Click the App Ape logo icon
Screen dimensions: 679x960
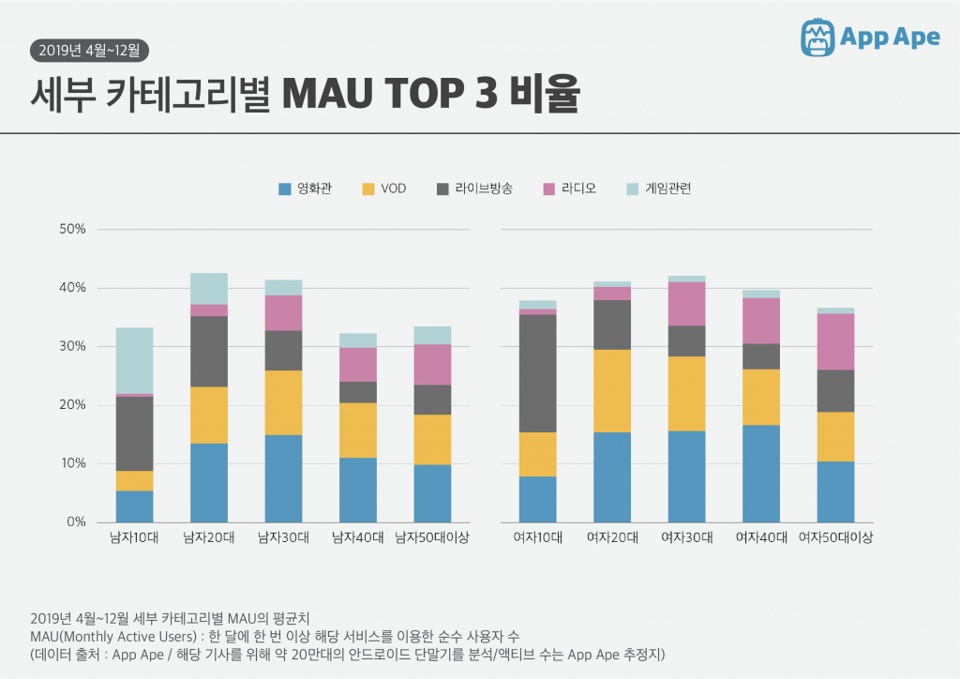(x=817, y=37)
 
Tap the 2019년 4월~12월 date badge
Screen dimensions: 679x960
(x=89, y=50)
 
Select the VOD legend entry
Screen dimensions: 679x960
(x=384, y=189)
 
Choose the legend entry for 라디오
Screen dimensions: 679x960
(x=569, y=189)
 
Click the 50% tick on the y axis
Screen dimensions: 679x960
(x=73, y=230)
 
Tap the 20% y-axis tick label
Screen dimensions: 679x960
(x=73, y=405)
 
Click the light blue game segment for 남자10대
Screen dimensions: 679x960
(x=135, y=360)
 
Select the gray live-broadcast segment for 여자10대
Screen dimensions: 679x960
(x=537, y=373)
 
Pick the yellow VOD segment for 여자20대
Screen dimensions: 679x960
(x=612, y=391)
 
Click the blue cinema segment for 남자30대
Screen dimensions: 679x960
(x=283, y=478)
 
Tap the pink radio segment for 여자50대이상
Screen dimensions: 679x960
(x=835, y=341)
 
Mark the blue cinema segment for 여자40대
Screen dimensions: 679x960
(x=761, y=474)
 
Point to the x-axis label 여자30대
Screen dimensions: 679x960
(x=686, y=538)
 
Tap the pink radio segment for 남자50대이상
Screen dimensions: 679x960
(x=432, y=365)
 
